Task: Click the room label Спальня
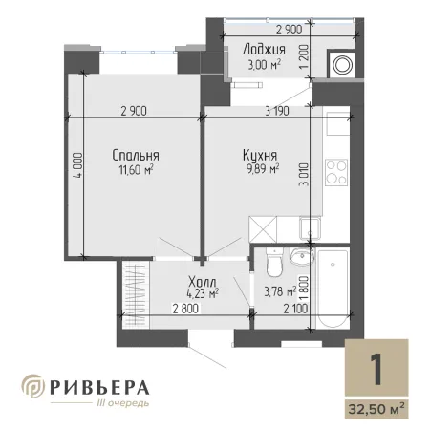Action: point(136,155)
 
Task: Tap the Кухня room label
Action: point(260,155)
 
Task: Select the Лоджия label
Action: point(264,50)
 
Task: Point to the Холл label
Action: point(203,282)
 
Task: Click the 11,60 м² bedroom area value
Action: point(136,169)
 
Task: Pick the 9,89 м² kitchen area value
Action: point(263,168)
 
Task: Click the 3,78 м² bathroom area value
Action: point(280,291)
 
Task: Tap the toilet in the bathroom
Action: point(274,262)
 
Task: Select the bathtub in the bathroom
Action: point(333,289)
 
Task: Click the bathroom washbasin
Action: point(301,256)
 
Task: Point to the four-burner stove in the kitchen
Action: point(336,173)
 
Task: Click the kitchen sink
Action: point(310,228)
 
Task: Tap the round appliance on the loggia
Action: point(342,65)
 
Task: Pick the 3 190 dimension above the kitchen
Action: point(277,111)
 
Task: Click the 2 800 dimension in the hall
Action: point(185,309)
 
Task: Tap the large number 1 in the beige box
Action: point(376,370)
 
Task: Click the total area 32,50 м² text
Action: point(376,409)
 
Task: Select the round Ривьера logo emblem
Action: point(33,386)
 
